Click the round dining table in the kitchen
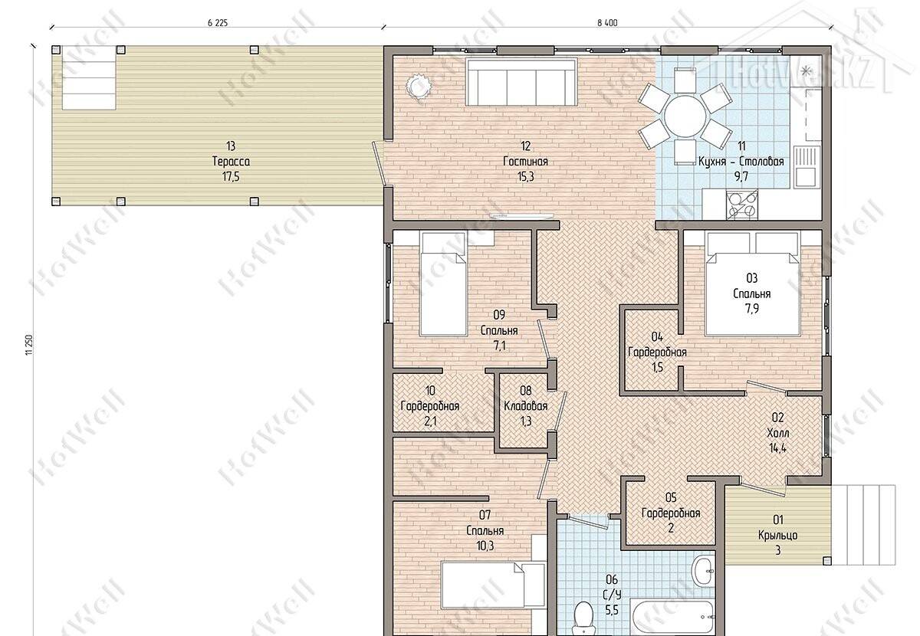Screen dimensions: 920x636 tap(685, 116)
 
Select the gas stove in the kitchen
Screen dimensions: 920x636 tap(742, 205)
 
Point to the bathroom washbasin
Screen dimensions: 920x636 tap(705, 571)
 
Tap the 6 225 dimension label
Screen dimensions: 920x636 tap(218, 23)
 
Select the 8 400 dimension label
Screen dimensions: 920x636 tap(607, 23)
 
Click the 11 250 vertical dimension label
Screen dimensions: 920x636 tap(29, 345)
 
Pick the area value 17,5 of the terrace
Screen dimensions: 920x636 tap(231, 177)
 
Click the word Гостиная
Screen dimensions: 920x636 tap(525, 162)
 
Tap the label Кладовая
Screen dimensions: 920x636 tap(526, 406)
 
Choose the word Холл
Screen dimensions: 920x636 tap(778, 433)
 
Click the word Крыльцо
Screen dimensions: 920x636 tap(778, 536)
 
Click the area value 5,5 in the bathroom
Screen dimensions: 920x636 tap(612, 610)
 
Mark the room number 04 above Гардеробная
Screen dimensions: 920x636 tap(657, 336)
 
